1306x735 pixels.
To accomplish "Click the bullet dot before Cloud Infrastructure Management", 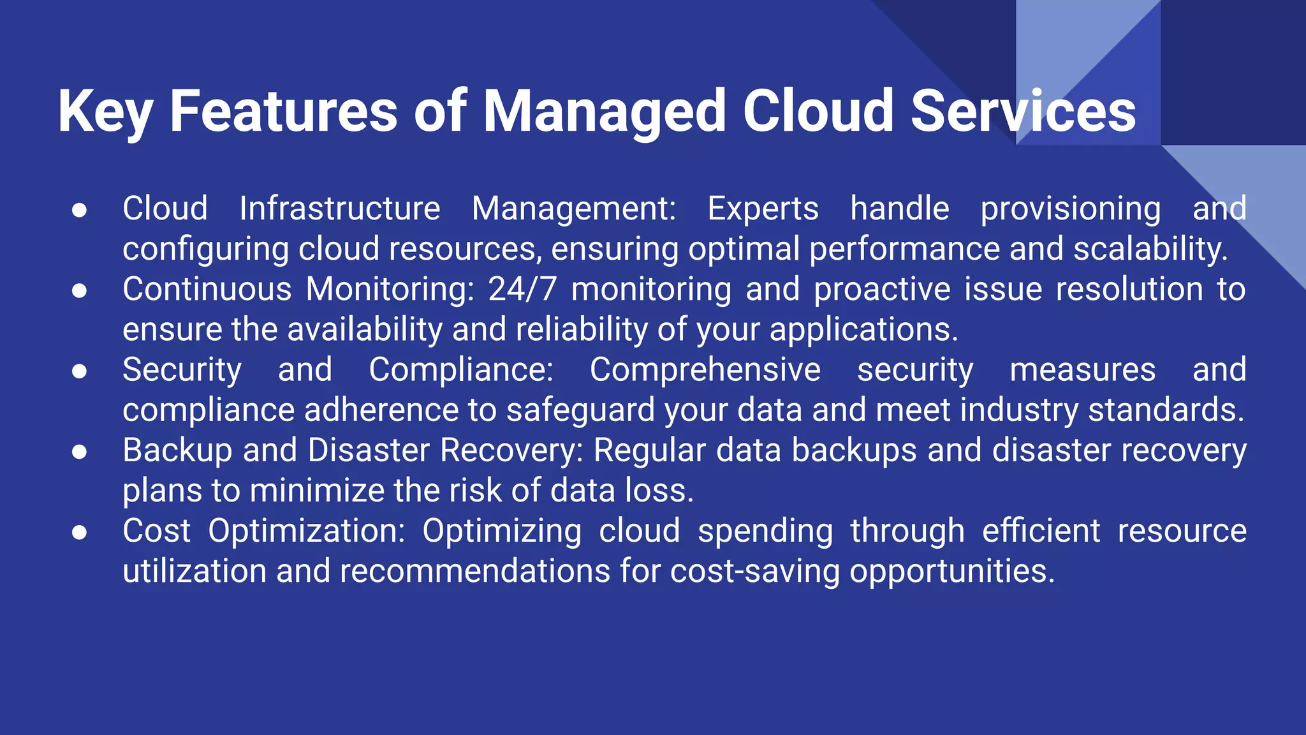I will coord(79,210).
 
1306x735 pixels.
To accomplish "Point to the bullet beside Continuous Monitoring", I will coord(79,291).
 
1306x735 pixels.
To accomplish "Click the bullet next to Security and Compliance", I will coord(79,371).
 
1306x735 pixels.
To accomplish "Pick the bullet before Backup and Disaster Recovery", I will coord(79,452).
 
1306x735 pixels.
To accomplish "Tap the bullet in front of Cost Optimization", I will coord(79,532).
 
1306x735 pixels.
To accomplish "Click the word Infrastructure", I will coord(340,209).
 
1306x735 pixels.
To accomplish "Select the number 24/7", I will coord(522,290).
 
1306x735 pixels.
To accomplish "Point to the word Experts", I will coord(763,209).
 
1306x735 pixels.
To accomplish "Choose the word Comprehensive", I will coord(705,370).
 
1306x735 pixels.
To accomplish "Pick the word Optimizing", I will coord(502,531).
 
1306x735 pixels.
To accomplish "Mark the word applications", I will coord(863,330).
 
